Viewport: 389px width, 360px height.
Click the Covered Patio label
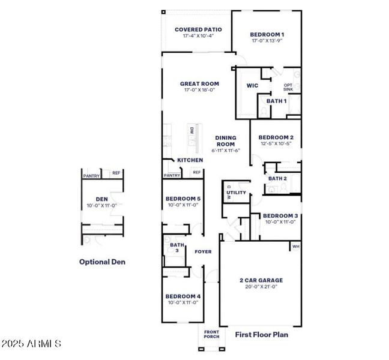(198, 29)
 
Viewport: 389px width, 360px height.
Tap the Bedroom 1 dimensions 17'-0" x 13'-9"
(267, 41)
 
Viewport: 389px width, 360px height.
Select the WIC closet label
(252, 86)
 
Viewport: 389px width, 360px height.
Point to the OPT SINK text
(288, 88)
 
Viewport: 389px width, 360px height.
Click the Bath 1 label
(276, 101)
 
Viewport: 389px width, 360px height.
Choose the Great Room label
(199, 84)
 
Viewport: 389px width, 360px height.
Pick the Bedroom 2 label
(277, 137)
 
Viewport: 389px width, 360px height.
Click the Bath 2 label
(277, 178)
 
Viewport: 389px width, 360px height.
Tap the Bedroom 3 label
(280, 215)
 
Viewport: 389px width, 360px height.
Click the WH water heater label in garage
(295, 247)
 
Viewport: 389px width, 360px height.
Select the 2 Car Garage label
(261, 280)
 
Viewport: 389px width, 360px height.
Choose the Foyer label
(203, 251)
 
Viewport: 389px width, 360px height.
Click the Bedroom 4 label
(183, 296)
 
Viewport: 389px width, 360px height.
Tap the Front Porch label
(211, 334)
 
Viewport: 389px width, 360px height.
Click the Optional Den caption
(103, 262)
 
